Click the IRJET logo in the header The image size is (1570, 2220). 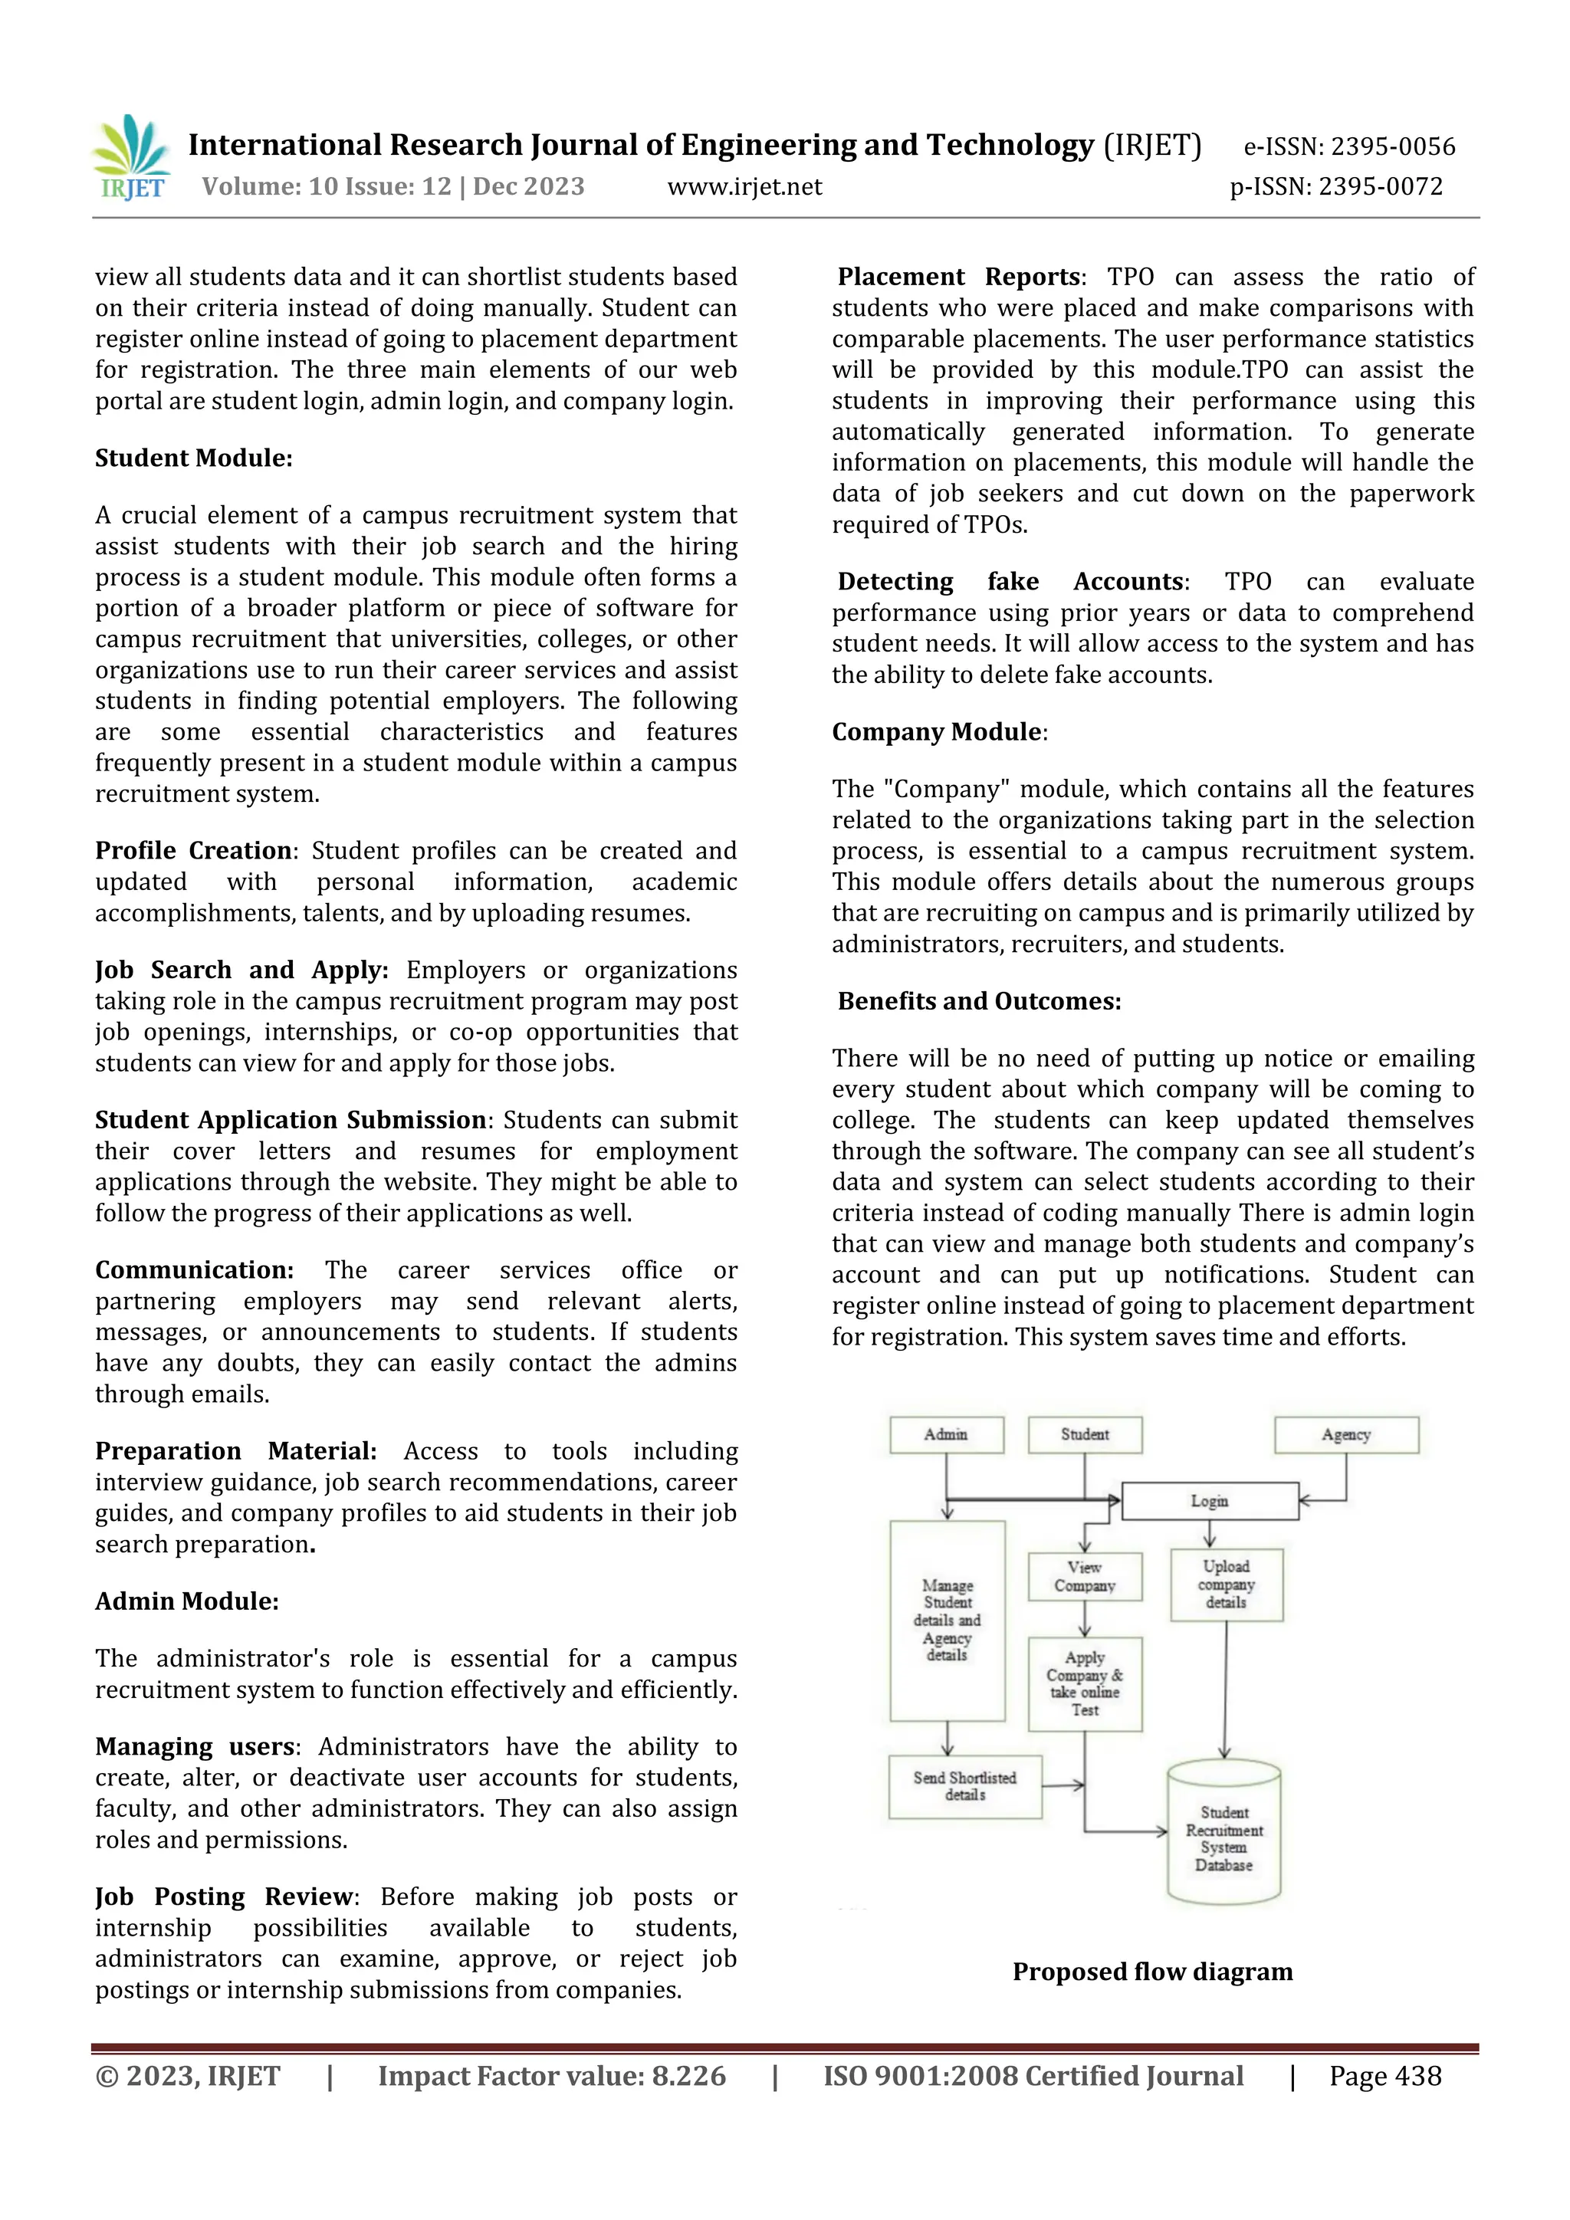(132, 156)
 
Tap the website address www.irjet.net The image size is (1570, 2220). (744, 186)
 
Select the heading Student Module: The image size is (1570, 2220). (193, 458)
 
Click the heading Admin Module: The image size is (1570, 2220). (186, 1601)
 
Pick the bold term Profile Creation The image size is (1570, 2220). (193, 851)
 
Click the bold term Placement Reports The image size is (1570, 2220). (958, 277)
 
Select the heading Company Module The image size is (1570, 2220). (937, 732)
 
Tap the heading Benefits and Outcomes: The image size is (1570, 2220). (978, 1002)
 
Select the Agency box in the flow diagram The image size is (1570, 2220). (1345, 1435)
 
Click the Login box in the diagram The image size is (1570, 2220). (1210, 1501)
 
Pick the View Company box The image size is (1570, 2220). (1085, 1577)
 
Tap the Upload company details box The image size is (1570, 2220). (1226, 1585)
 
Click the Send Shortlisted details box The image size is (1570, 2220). (965, 1787)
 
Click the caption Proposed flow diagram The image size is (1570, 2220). (1152, 1972)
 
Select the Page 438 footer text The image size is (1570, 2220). (1384, 2076)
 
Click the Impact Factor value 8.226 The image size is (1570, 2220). (551, 2076)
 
